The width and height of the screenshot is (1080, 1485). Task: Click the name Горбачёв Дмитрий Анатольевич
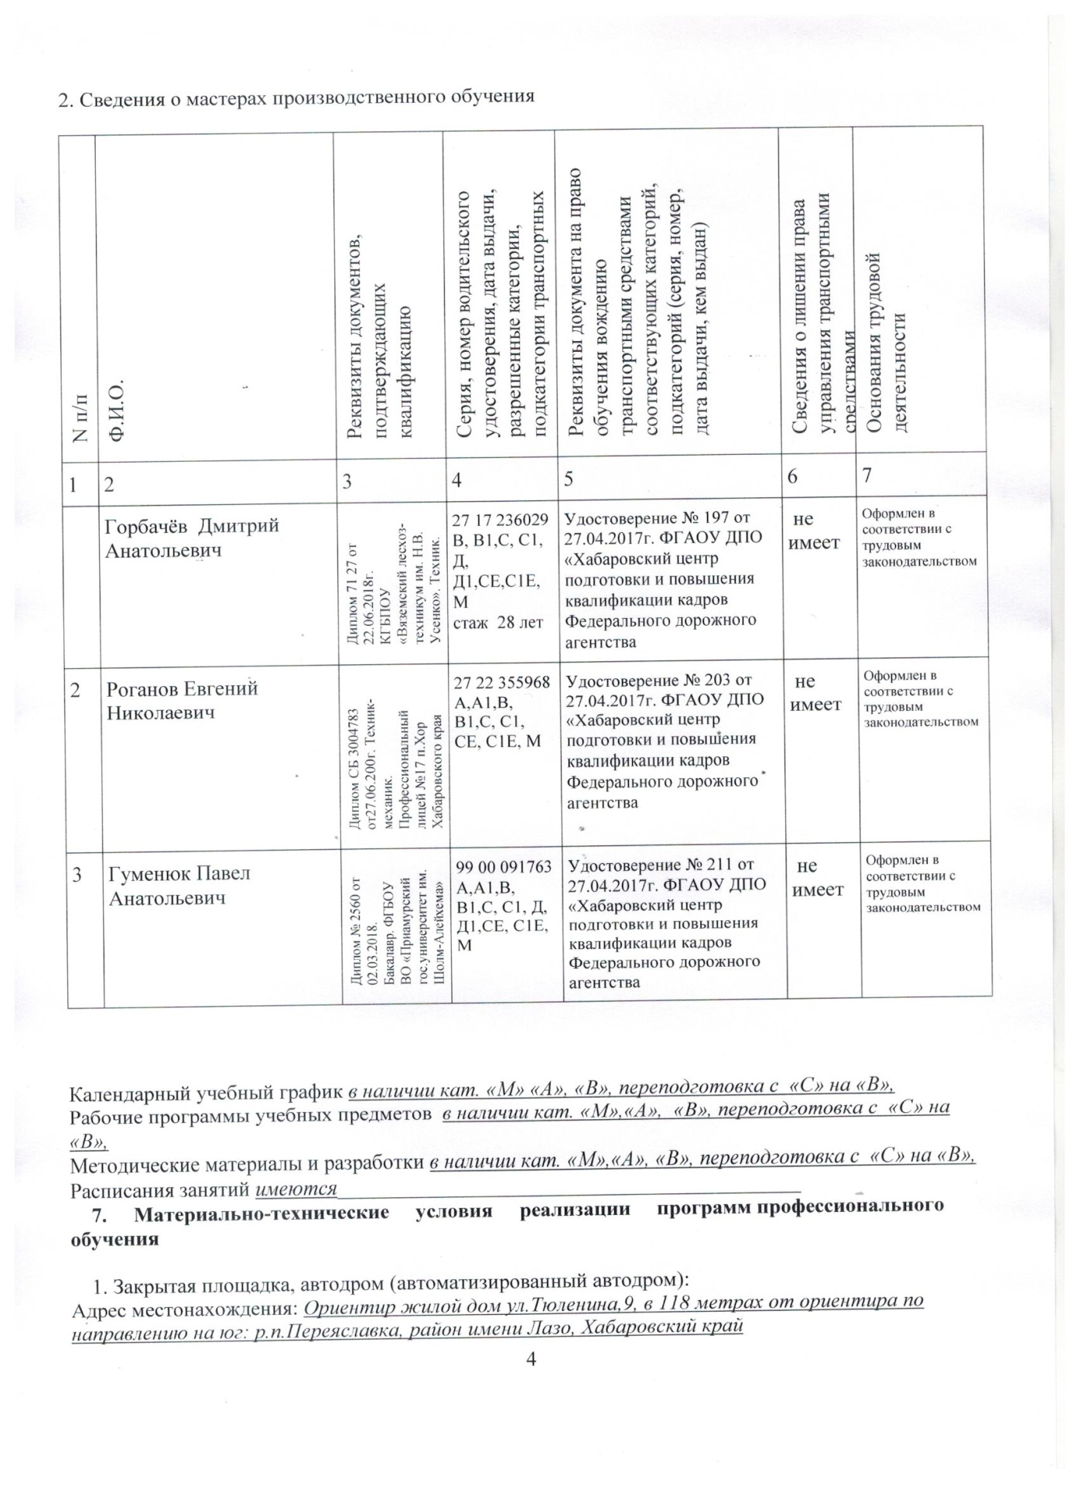point(192,538)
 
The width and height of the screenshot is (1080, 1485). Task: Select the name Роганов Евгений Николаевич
point(183,700)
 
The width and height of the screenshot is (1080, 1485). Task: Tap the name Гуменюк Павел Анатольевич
point(179,885)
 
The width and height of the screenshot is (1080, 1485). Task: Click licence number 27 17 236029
point(501,519)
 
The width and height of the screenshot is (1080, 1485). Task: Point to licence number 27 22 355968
point(502,682)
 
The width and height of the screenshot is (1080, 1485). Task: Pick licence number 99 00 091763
point(504,867)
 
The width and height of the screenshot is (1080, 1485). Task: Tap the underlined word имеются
point(296,1187)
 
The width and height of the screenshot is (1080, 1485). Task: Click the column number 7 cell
point(868,475)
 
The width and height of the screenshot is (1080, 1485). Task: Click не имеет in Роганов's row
point(815,692)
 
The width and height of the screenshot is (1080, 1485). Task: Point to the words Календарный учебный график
point(206,1093)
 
